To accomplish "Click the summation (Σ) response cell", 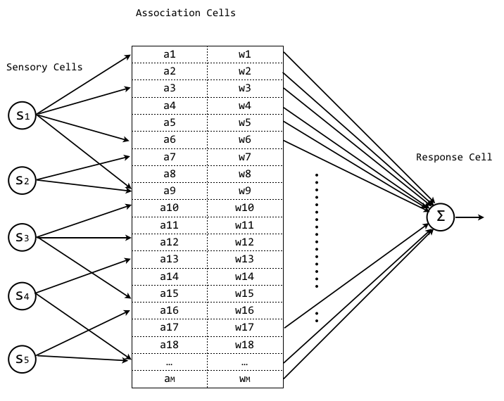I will (441, 216).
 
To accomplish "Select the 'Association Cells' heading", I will (185, 13).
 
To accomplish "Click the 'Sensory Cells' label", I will (44, 68).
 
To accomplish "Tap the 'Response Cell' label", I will (454, 157).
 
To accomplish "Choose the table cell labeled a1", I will (170, 54).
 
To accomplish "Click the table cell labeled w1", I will (244, 54).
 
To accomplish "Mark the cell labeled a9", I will (170, 191).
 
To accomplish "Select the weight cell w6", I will (244, 139).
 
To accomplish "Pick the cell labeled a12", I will (170, 242).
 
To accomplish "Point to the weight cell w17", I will (244, 327).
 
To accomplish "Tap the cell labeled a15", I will (170, 293).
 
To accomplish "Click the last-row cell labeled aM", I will (170, 378).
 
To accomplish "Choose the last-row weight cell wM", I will (244, 378).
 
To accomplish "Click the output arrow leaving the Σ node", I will (470, 217).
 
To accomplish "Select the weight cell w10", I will (244, 208).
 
